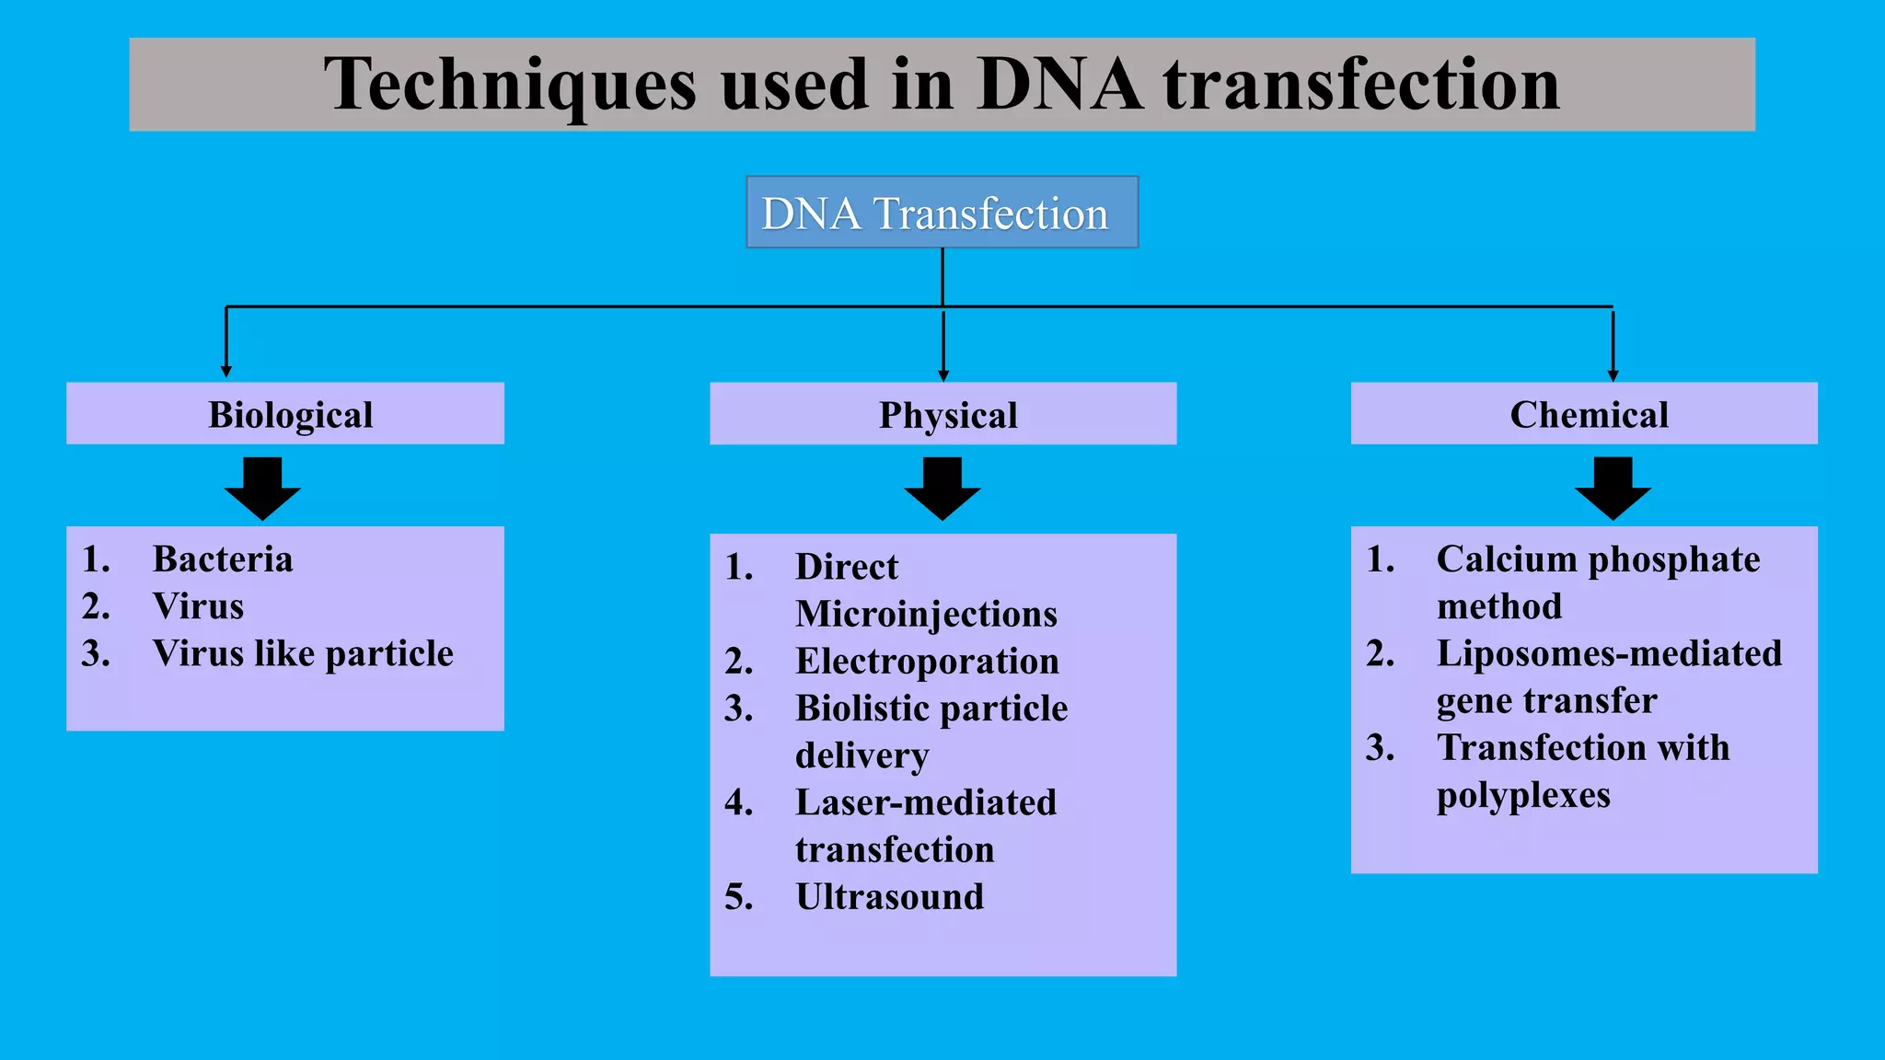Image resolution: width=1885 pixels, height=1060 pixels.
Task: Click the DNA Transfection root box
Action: (x=942, y=213)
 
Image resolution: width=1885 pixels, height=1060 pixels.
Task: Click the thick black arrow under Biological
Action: (x=262, y=489)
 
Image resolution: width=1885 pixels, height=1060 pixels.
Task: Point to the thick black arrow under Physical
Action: (x=942, y=489)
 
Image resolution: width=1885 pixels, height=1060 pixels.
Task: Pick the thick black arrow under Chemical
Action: (x=1613, y=489)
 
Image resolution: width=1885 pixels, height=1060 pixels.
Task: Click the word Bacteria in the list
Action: (x=223, y=559)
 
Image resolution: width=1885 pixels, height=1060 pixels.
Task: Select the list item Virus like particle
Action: (x=303, y=653)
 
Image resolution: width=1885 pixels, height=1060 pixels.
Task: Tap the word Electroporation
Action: (x=927, y=662)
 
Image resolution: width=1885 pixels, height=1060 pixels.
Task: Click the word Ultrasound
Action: (x=889, y=897)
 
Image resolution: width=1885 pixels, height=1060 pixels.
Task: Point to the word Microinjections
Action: (x=926, y=614)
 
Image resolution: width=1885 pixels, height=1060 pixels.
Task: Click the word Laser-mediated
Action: (x=925, y=802)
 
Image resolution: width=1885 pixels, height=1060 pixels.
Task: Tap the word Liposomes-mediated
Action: (x=1609, y=653)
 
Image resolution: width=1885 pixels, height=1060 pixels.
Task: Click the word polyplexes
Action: (x=1523, y=795)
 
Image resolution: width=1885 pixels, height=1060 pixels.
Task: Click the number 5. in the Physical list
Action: (x=739, y=897)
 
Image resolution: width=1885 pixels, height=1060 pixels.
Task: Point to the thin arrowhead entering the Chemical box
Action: (x=1613, y=375)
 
